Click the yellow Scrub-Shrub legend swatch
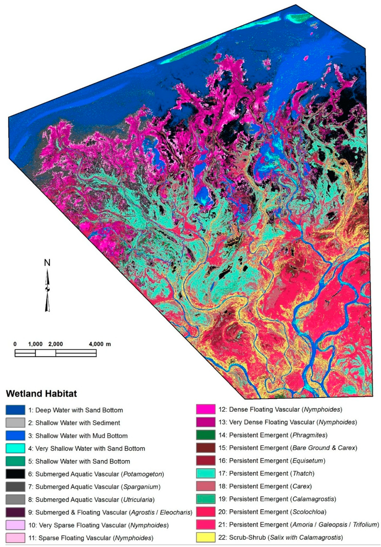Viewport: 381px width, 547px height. [206, 537]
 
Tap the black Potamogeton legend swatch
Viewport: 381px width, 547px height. [15, 474]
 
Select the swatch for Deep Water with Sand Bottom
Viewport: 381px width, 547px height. [15, 410]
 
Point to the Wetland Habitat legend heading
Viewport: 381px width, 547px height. [41, 394]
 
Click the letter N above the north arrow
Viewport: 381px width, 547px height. [47, 263]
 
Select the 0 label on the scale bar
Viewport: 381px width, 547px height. [15, 344]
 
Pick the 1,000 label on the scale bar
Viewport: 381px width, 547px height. [35, 344]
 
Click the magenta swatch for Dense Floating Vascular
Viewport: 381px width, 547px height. [206, 410]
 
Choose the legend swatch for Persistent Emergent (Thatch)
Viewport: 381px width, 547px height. [206, 473]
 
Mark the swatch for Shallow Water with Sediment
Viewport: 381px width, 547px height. [15, 423]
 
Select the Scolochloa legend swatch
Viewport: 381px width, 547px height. [206, 512]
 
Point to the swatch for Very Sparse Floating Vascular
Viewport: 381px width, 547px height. [15, 525]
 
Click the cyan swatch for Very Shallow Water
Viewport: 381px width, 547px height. [15, 449]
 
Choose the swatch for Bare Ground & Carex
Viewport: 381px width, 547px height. [206, 448]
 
